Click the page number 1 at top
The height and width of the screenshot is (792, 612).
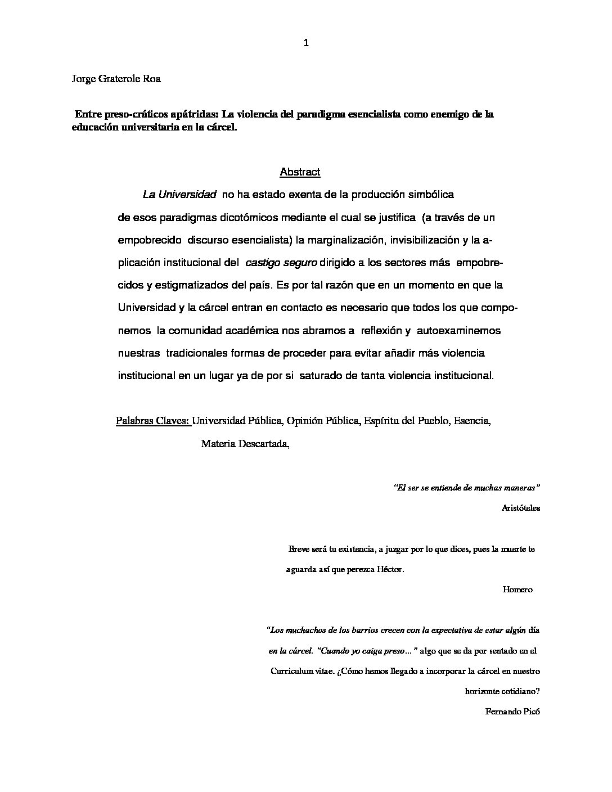coord(306,43)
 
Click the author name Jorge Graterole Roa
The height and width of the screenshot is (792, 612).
coord(116,79)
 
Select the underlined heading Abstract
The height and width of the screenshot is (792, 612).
coord(300,172)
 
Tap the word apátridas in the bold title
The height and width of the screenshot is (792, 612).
coord(195,115)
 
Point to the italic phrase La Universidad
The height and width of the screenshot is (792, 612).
coord(179,195)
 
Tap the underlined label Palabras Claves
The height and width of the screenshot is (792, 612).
coord(153,421)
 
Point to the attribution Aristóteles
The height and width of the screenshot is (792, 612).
coord(520,507)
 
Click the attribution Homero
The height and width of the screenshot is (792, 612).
coord(517,589)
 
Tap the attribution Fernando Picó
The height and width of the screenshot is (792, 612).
coord(512,711)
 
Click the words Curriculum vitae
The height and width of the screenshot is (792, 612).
coord(303,671)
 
